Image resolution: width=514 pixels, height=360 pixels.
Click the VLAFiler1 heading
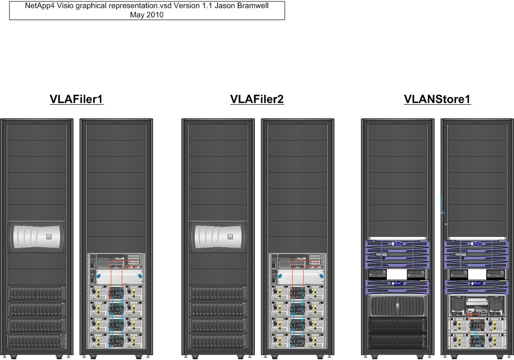click(x=77, y=99)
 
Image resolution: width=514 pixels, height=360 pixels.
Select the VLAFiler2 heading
click(x=257, y=99)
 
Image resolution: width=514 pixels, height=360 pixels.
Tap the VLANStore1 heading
click(x=437, y=99)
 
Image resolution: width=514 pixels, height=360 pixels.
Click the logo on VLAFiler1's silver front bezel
click(x=48, y=236)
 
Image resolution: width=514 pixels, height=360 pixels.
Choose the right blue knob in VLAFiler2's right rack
click(x=321, y=277)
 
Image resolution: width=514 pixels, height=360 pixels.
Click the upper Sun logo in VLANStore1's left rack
click(x=397, y=244)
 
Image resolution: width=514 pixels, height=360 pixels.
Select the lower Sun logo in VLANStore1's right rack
click(x=477, y=284)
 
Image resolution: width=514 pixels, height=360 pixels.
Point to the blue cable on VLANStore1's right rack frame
click(x=442, y=206)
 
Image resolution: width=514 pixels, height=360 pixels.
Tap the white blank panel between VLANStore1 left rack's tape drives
click(x=396, y=274)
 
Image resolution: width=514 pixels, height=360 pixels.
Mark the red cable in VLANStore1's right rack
click(x=474, y=317)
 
